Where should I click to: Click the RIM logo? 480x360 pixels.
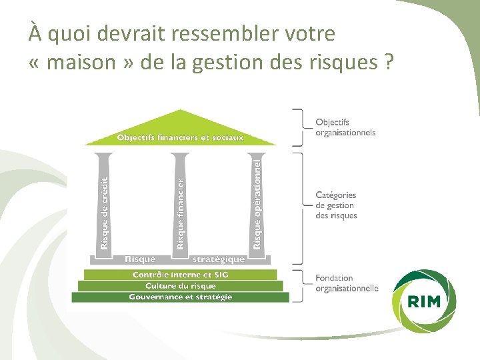coord(424,301)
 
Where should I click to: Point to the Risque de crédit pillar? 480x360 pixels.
coord(104,203)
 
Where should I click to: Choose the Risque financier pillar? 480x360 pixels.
coord(181,203)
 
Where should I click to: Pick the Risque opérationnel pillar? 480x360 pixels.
coord(257,203)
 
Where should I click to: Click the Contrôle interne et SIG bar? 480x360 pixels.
coord(180,275)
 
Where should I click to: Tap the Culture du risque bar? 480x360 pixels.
coord(180,286)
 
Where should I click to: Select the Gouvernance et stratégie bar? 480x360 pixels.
coord(180,297)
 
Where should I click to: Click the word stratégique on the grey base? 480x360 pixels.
coord(219,259)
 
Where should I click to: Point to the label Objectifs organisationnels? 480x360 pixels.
coord(345,127)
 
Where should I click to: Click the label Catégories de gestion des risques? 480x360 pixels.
coord(336,205)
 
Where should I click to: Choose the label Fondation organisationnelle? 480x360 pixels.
coord(346,283)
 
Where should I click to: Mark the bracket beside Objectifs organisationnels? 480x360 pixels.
coord(299,127)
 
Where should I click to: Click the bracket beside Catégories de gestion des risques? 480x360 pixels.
coord(299,207)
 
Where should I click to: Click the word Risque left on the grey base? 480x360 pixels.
coord(140,259)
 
